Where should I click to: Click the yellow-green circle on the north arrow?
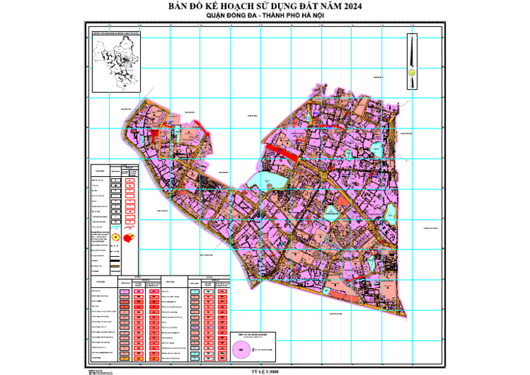point(411,70)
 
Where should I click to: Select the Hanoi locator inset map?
point(117,61)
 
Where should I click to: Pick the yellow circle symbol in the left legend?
point(115,236)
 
